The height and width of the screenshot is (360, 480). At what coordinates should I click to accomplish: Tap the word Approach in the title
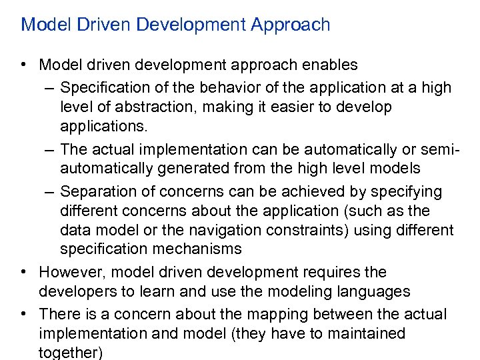291,25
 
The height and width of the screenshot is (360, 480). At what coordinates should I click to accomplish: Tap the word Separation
95,192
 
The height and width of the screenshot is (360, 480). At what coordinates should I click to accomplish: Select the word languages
377,291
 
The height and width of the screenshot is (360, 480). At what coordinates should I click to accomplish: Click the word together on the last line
71,352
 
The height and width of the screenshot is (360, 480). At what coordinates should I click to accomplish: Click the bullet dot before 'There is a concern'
23,313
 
